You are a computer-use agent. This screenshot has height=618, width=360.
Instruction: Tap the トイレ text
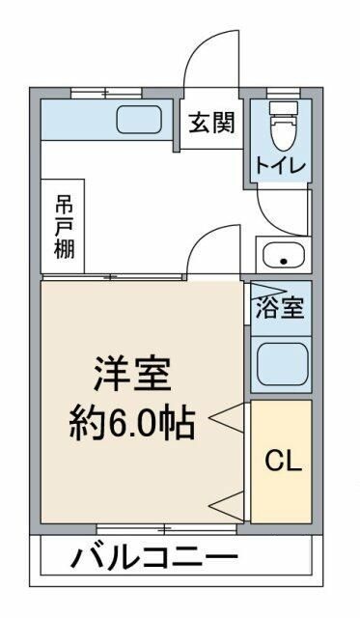[x=281, y=165]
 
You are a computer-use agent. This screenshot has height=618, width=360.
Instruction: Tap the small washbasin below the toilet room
[x=282, y=258]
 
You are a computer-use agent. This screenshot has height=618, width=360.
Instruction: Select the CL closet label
[x=283, y=460]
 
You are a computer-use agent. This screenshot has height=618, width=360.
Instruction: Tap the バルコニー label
[x=154, y=557]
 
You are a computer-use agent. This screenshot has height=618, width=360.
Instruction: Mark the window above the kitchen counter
[x=106, y=93]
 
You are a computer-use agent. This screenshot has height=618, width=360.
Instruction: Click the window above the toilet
[x=282, y=93]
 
